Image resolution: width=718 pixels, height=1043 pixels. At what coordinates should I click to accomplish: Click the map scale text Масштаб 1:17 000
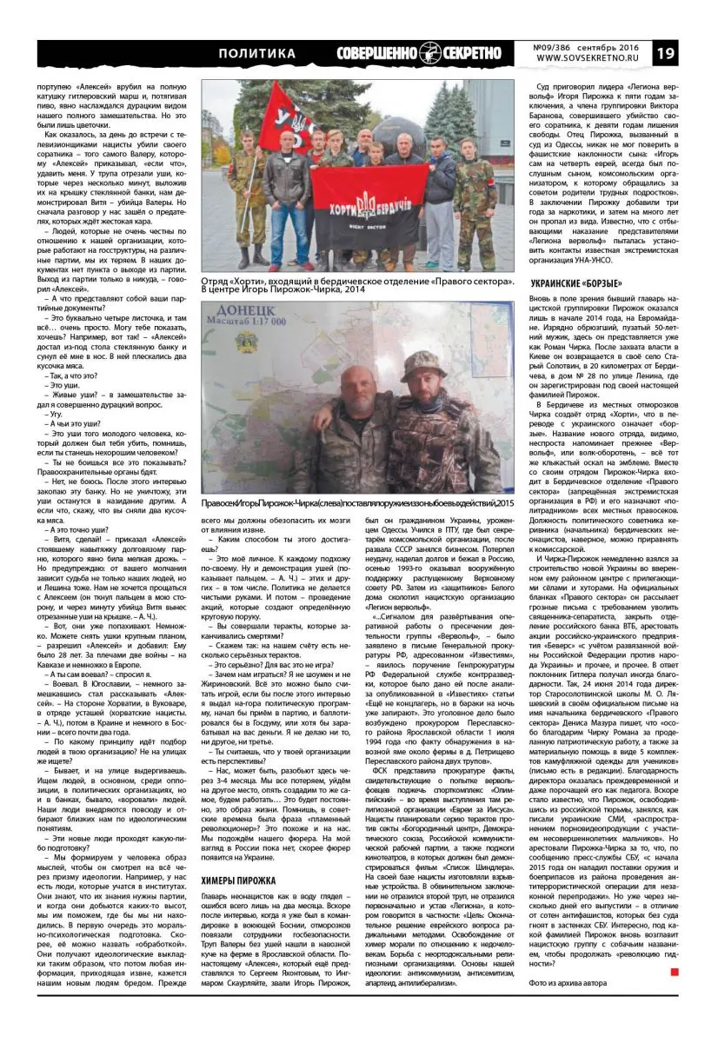coord(250,331)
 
